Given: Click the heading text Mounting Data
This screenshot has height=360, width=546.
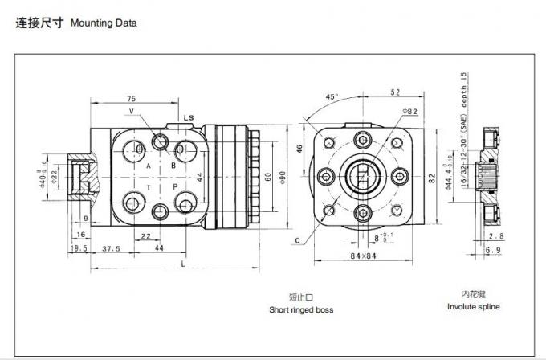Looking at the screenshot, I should [x=104, y=22].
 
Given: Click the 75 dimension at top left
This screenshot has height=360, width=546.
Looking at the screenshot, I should [x=130, y=99].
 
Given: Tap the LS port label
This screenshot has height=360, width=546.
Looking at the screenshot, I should [x=189, y=118].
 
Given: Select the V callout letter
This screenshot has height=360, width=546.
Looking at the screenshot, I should [x=131, y=110].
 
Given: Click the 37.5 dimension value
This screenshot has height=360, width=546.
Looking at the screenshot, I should [x=111, y=249].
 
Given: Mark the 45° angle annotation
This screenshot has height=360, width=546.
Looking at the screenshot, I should [x=332, y=96].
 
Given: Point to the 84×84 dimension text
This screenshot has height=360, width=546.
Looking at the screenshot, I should [x=364, y=256].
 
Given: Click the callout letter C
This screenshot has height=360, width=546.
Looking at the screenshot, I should [x=297, y=239].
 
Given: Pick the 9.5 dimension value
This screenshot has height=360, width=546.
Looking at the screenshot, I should [x=79, y=249].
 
